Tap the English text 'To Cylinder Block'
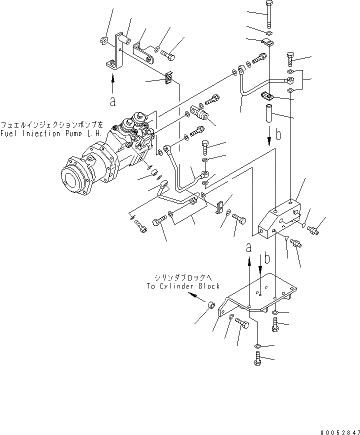coord(183,286)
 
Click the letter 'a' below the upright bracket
coord(113,101)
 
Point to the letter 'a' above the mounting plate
coord(248,247)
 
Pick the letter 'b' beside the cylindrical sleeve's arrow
coord(279,135)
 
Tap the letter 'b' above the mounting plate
coord(267,258)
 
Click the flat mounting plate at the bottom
coord(260,294)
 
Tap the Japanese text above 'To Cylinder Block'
coord(183,278)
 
